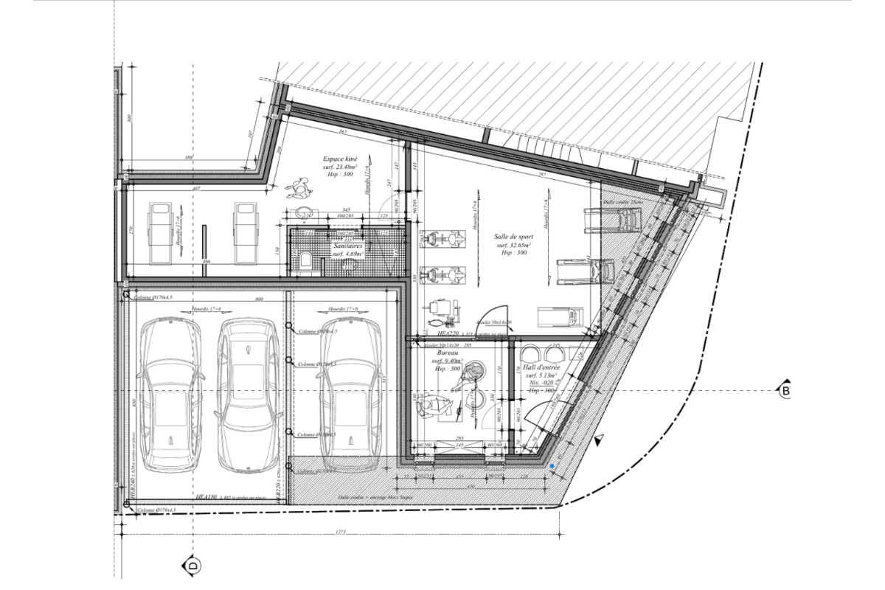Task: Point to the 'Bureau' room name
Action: coord(445,353)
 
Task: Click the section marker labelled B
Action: coord(785,389)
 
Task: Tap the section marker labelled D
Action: coord(188,566)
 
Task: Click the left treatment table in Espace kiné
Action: coord(161,232)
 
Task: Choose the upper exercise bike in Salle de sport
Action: coord(440,240)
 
